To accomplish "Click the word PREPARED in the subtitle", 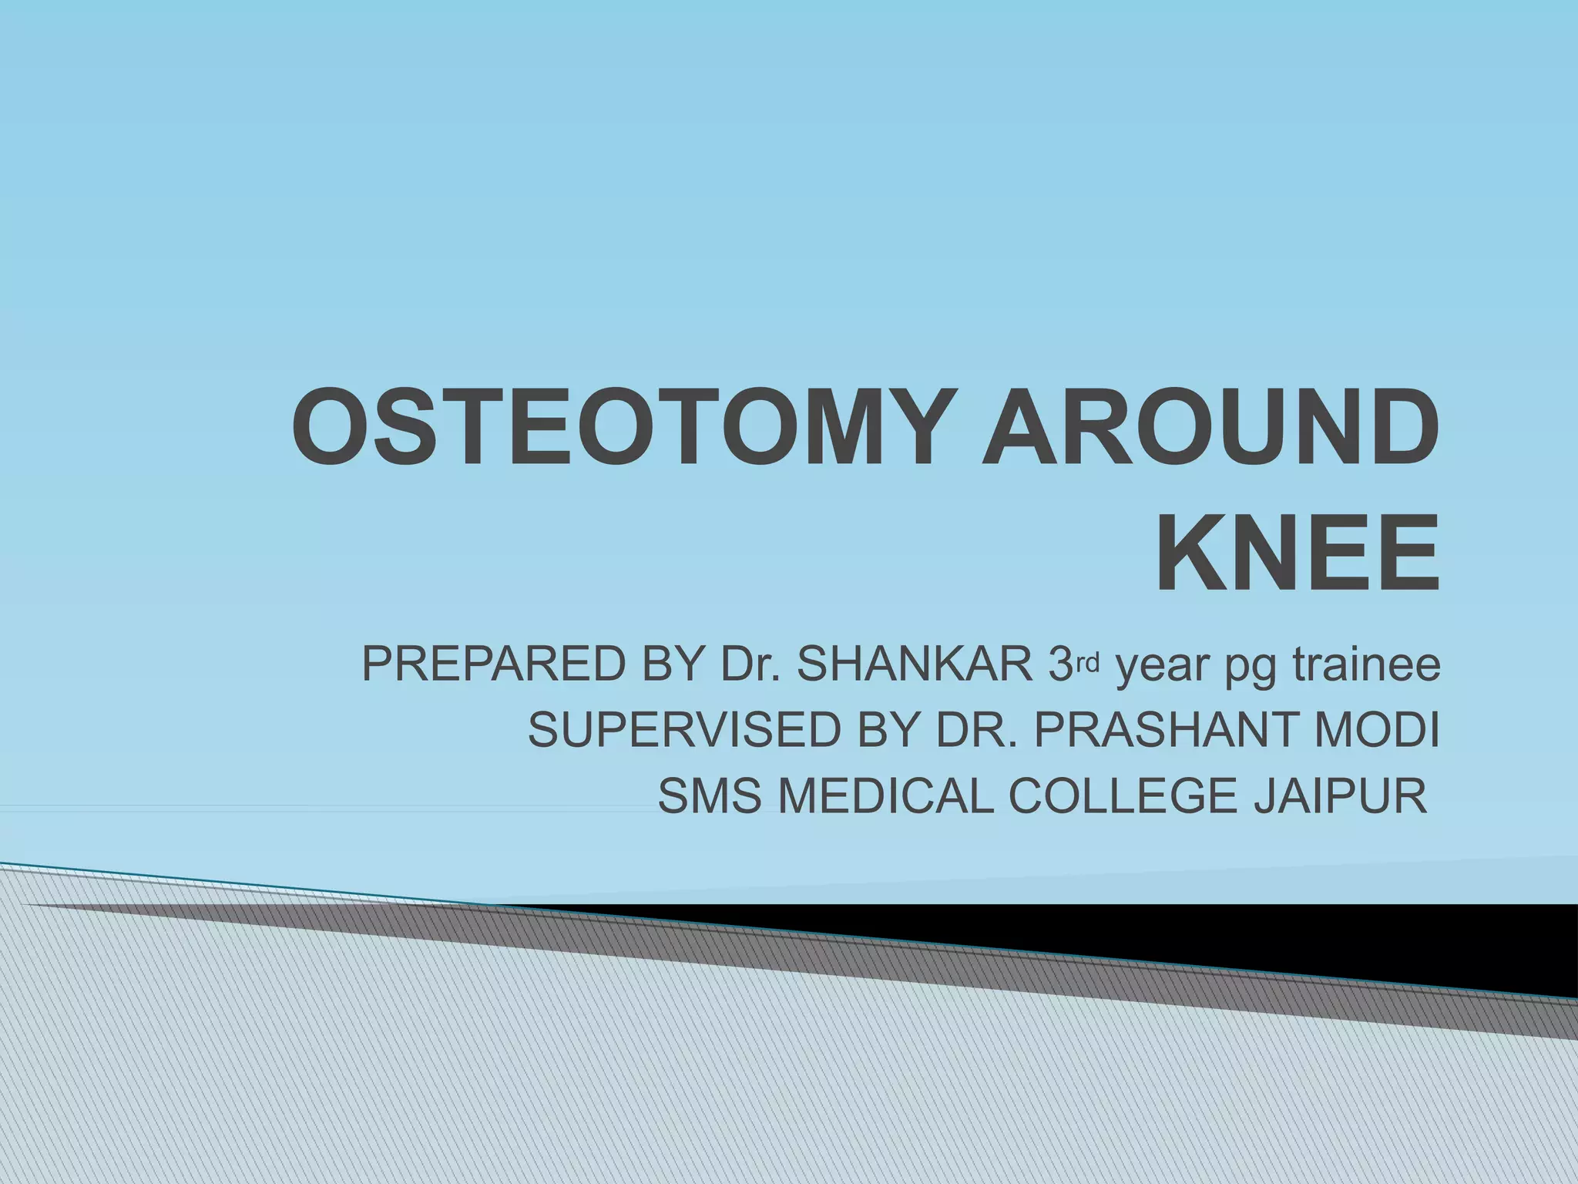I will (x=494, y=665).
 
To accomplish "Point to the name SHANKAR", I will (x=914, y=665).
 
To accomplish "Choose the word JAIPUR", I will (x=1341, y=795).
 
